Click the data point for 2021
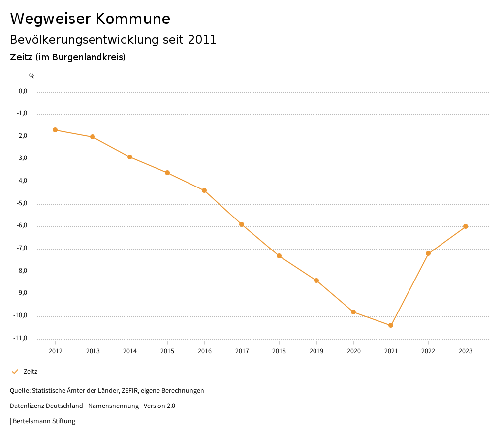tap(391, 325)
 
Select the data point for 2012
tap(55, 130)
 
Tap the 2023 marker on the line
tap(466, 226)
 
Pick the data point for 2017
tap(242, 224)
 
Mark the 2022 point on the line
tap(428, 253)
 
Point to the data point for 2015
tap(167, 173)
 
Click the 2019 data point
tap(316, 281)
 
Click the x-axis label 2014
tap(130, 351)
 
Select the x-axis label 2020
tap(353, 351)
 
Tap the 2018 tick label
tap(279, 351)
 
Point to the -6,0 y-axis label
tap(23, 226)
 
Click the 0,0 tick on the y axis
tap(23, 91)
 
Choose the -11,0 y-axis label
tap(21, 338)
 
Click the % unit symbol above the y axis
tap(32, 76)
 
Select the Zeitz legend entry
tap(30, 372)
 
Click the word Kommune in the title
tap(133, 19)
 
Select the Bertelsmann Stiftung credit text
tap(44, 421)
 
